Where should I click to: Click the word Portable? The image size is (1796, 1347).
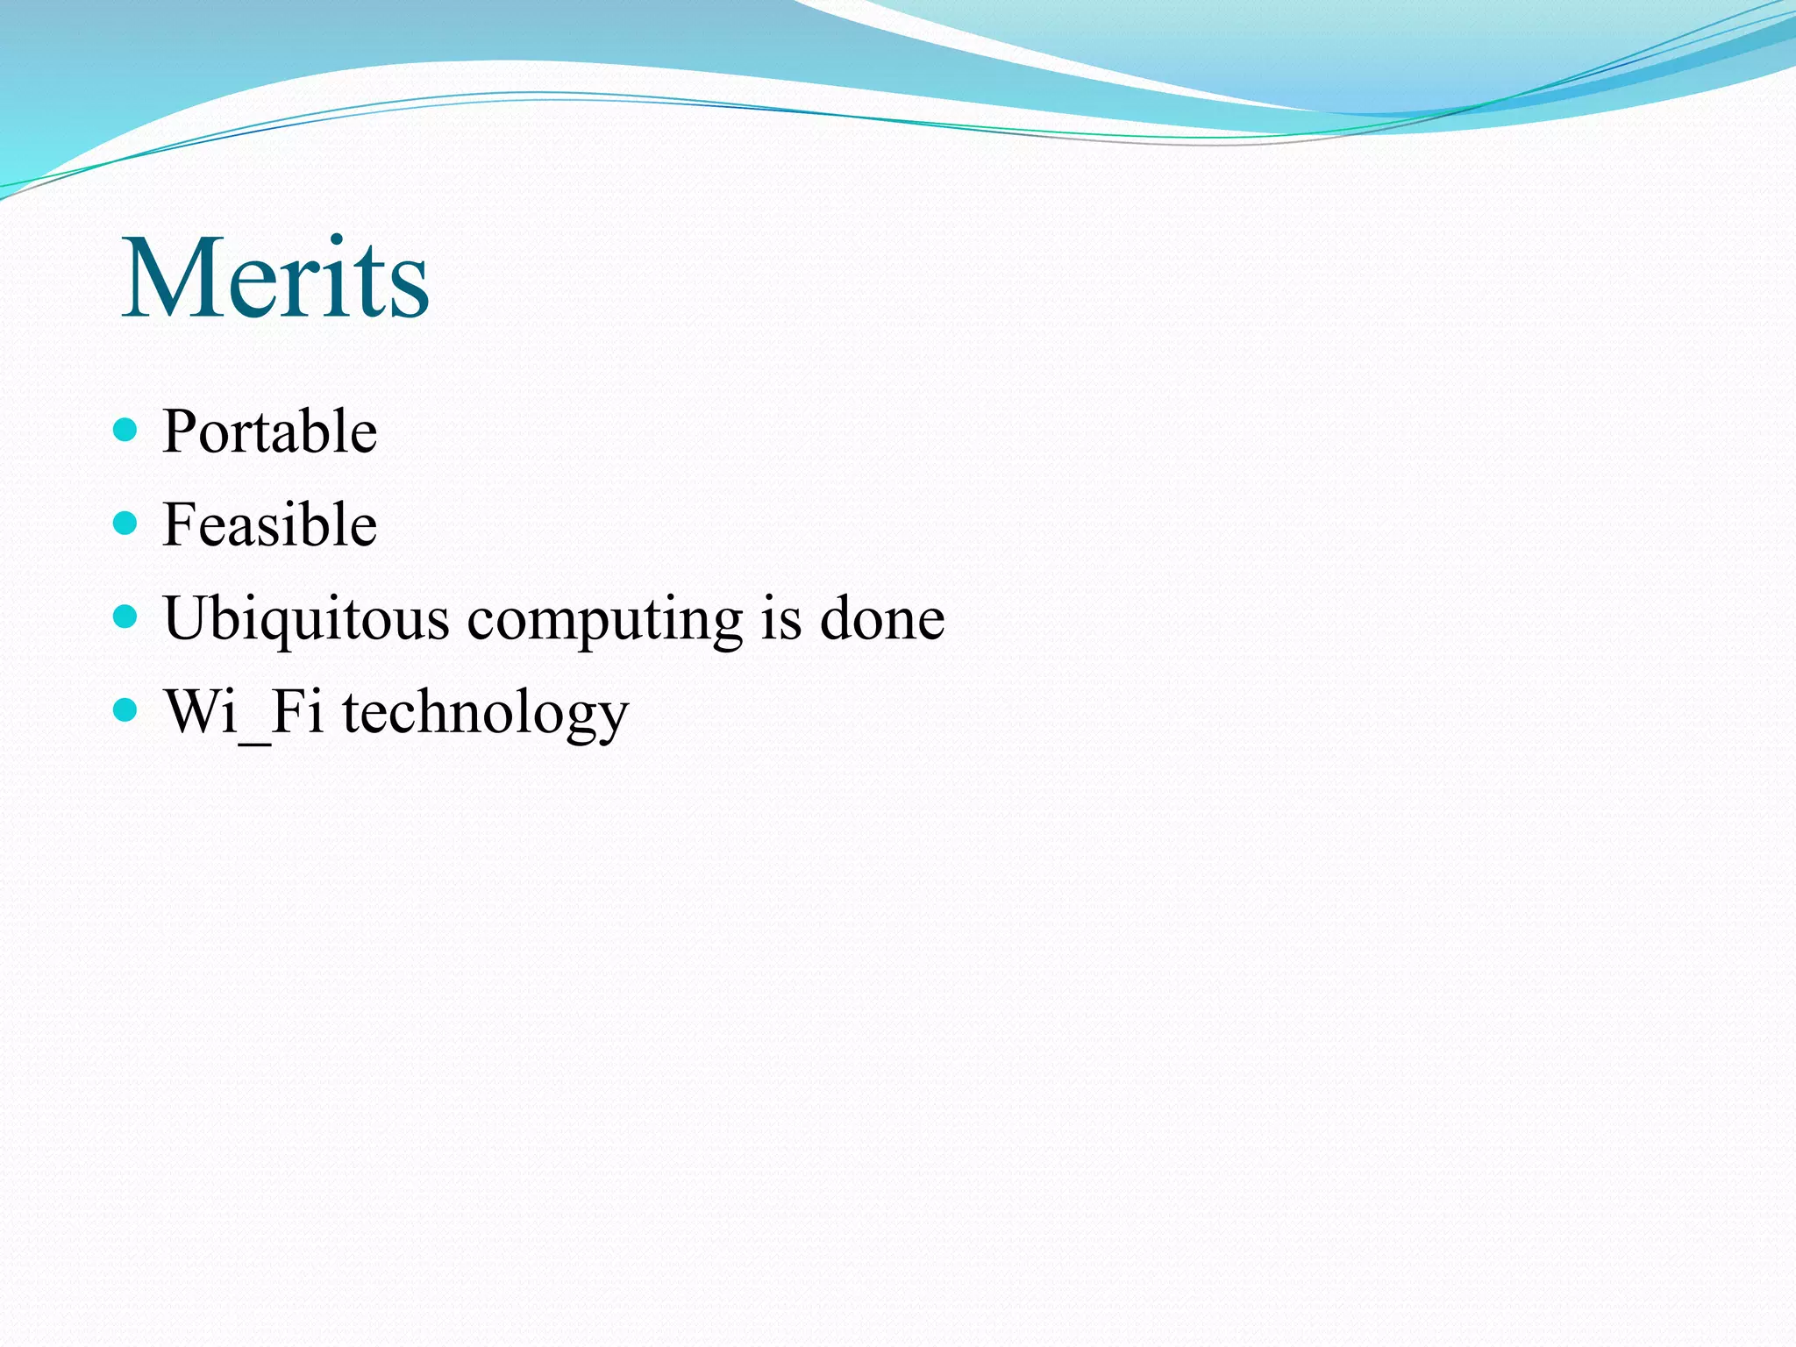coord(270,431)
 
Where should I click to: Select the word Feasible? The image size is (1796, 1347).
coord(270,524)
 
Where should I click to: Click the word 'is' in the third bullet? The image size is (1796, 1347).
coord(781,617)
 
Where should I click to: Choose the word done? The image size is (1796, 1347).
coord(882,617)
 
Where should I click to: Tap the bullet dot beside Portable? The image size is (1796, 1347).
coord(126,430)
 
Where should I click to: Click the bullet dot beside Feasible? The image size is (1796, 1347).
coord(126,524)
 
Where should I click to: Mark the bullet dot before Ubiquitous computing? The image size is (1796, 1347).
coord(126,616)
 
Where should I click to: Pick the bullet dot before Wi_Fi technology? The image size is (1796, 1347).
coord(126,709)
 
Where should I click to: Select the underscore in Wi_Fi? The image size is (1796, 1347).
coord(254,742)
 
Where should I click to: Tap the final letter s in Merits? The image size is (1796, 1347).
coord(410,290)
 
